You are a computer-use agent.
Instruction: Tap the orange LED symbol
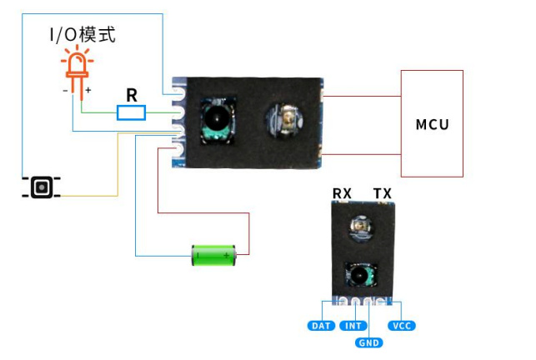78,72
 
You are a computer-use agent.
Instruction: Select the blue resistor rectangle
131,112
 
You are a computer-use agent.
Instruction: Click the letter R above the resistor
132,95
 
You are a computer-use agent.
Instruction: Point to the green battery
214,255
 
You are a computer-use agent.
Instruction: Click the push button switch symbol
42,187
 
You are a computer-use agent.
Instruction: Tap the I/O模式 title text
83,35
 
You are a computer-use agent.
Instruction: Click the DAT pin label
321,326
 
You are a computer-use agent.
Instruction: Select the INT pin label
353,326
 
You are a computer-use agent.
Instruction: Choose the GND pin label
368,342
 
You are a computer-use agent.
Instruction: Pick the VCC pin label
402,326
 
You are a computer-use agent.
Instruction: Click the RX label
342,193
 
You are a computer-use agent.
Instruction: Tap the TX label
382,193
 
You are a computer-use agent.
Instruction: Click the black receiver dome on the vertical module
359,274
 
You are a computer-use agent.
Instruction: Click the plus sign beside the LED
88,90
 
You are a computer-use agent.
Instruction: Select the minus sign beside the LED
65,91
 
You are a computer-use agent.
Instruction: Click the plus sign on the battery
226,255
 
